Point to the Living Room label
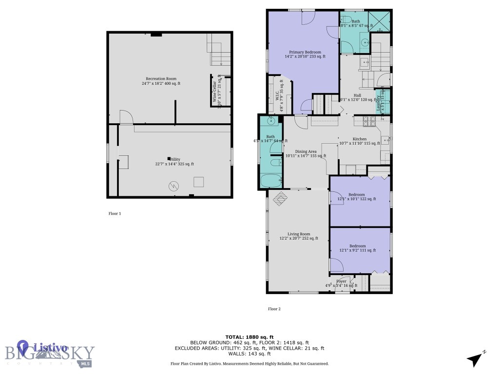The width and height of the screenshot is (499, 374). (x=299, y=236)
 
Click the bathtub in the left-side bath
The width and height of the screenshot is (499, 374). (x=271, y=181)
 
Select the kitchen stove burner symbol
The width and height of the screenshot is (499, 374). (x=369, y=120)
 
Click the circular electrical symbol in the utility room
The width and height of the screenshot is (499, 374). (x=173, y=186)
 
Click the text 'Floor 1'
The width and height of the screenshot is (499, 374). (x=115, y=213)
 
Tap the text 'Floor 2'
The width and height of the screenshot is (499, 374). (x=274, y=309)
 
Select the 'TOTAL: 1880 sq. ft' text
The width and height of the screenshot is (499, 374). (x=249, y=337)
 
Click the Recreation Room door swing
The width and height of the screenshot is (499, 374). (x=126, y=117)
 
